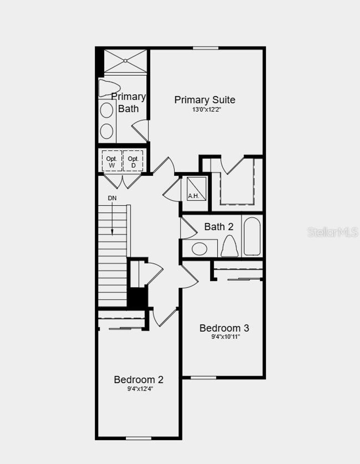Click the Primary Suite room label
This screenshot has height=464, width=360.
tap(205, 100)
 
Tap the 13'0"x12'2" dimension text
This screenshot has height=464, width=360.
tap(206, 110)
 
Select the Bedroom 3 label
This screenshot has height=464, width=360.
tap(224, 328)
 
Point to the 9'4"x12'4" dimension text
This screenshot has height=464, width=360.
tap(140, 389)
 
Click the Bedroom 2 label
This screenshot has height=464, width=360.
tap(139, 380)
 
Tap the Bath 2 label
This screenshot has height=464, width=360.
tap(219, 227)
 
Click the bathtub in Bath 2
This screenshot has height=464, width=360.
tap(252, 236)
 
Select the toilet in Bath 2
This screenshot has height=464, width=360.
tap(230, 246)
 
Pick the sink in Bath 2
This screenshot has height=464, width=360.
tap(199, 249)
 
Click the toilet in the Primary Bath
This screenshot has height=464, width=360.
tap(108, 88)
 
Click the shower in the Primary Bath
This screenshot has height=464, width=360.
tap(125, 61)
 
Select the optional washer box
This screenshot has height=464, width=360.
tap(112, 161)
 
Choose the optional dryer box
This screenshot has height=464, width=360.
tap(133, 161)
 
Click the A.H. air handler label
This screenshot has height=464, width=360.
tap(194, 196)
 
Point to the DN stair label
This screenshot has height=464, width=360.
tap(112, 198)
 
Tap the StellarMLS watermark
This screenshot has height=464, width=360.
tap(333, 232)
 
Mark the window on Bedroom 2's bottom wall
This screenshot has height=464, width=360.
tap(139, 438)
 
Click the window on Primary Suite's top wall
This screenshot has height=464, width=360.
tap(206, 48)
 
